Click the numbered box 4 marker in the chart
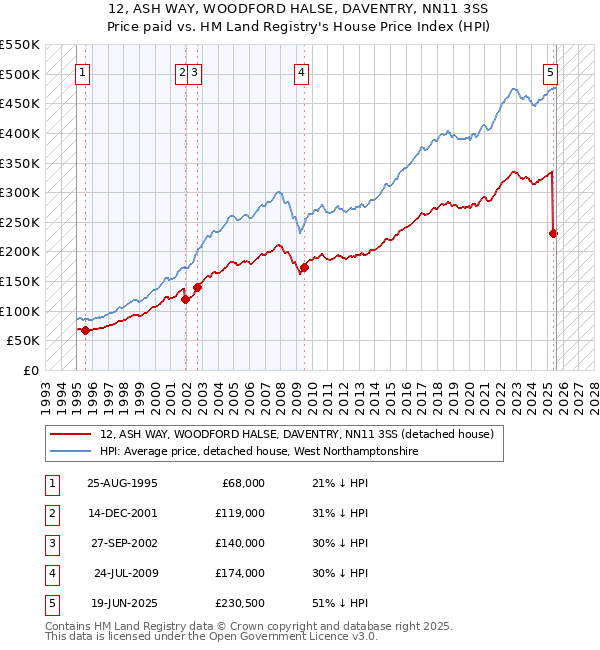(301, 72)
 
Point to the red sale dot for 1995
(85, 330)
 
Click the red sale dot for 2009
(304, 267)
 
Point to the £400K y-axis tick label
(20, 133)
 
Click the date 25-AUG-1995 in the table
(122, 483)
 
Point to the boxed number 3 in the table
(49, 543)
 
